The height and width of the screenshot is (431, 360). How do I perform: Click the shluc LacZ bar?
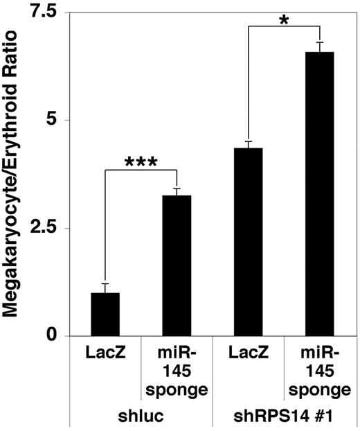(105, 315)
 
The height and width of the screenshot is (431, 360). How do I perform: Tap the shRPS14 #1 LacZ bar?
(249, 242)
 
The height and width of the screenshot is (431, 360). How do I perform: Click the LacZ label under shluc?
(105, 355)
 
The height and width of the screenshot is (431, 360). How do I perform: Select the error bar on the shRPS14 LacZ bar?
(249, 144)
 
